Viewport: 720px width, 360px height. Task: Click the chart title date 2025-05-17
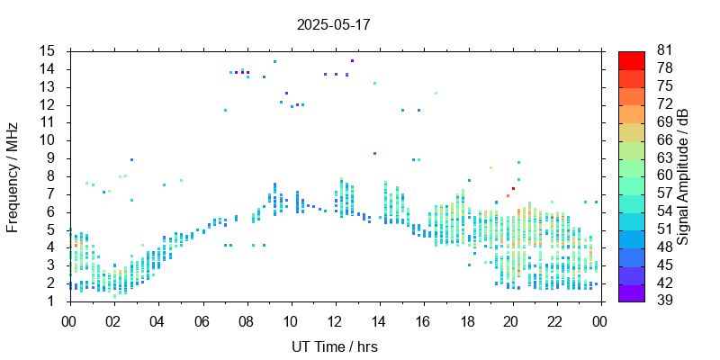click(x=333, y=24)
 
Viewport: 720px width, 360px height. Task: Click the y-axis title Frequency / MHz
click(x=13, y=175)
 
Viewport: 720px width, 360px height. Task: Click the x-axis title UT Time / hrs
click(x=334, y=347)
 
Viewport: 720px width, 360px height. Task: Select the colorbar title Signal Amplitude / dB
click(x=683, y=176)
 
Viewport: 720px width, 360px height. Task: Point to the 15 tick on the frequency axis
click(x=48, y=51)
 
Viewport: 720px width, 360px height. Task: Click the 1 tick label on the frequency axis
click(x=52, y=301)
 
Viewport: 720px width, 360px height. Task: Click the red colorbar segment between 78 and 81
click(x=631, y=60)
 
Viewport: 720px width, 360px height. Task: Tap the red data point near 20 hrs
click(x=513, y=189)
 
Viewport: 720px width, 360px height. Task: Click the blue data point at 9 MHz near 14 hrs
click(x=374, y=154)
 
